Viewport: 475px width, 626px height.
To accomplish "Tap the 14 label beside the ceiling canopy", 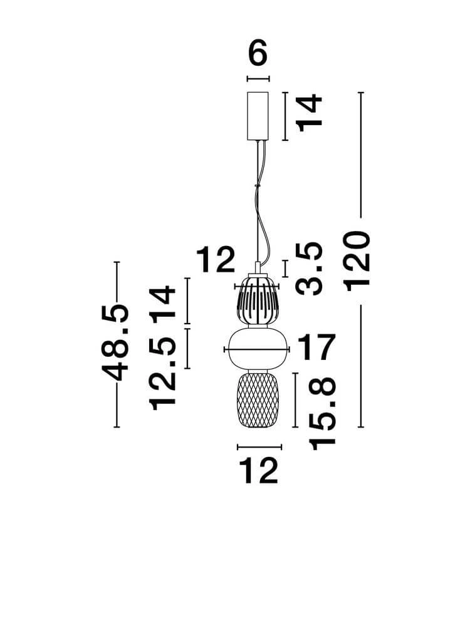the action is tap(310, 113).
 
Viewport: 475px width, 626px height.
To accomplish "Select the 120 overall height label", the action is tap(357, 261).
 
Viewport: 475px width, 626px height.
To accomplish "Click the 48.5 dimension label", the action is tap(115, 342).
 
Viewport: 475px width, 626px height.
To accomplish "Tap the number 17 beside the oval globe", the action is tap(316, 347).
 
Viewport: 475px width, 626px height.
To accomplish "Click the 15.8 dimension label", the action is tap(322, 414).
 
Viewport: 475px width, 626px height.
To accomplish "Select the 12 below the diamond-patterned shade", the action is tap(258, 471).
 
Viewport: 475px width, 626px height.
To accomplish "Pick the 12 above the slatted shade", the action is tap(216, 260).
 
